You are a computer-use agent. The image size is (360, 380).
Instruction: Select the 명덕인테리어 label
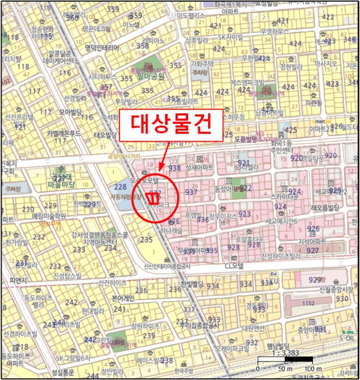point(102,48)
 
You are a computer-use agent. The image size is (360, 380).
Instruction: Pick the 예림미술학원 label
point(49,216)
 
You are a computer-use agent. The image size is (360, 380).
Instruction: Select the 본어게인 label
point(123,299)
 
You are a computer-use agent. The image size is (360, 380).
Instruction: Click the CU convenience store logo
point(274,275)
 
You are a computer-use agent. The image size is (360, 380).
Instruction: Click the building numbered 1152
point(308,303)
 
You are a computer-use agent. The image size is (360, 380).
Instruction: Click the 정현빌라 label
point(291,67)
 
